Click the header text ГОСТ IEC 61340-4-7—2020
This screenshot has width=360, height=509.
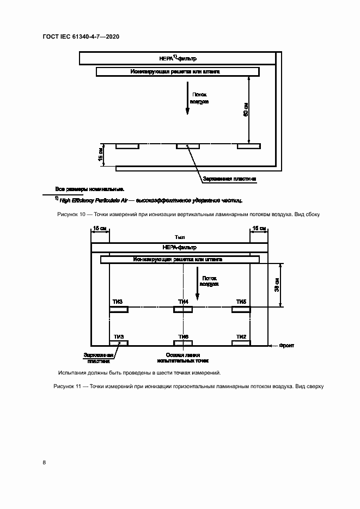(80, 36)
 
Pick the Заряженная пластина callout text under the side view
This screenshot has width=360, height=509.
(229, 179)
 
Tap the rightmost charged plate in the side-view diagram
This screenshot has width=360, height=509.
(249, 146)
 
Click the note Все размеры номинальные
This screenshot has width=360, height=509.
(90, 189)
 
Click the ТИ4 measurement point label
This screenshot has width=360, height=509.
(183, 302)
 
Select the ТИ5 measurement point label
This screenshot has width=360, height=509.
(241, 302)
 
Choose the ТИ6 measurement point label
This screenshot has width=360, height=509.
(183, 337)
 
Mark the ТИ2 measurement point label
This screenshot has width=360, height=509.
(241, 337)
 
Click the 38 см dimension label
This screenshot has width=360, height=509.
(277, 285)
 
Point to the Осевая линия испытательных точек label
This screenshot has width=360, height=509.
(183, 357)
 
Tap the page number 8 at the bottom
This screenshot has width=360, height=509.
(44, 463)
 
